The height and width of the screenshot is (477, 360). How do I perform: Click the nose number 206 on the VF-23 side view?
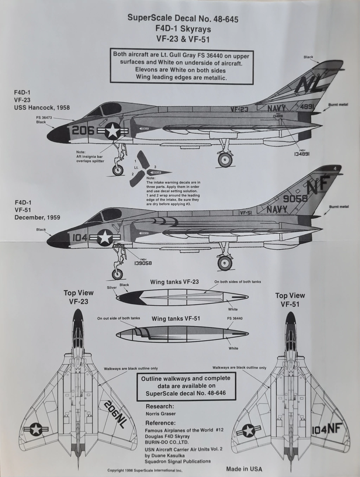[83, 131]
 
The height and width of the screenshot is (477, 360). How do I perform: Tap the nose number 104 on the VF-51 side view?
[79, 238]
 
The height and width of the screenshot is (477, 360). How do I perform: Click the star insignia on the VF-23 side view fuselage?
[112, 132]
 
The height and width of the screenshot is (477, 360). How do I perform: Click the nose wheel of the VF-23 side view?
[118, 170]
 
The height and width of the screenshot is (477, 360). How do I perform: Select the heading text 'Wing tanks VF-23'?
[174, 282]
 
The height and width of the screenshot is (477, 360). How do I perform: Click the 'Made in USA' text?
[244, 469]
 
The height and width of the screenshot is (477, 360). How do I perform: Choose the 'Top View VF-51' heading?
[290, 300]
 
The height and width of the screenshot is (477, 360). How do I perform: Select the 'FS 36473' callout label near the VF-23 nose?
[43, 118]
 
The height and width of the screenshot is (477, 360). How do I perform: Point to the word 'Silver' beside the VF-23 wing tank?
[112, 287]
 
